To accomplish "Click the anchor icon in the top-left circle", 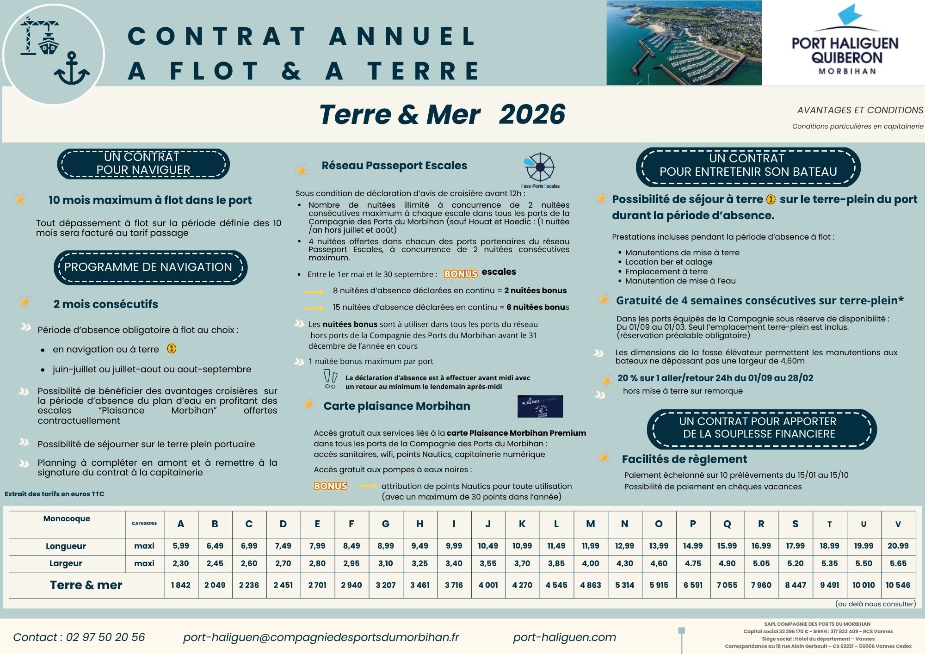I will (x=72, y=69).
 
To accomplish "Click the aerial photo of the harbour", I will (x=684, y=43).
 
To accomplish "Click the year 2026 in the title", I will (x=532, y=114).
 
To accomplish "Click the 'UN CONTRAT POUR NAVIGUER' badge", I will (x=143, y=164).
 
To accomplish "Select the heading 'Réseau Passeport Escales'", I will (x=394, y=166).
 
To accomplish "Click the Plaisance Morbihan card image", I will (x=540, y=406).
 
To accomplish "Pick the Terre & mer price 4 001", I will (x=488, y=585).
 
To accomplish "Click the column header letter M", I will (x=590, y=524).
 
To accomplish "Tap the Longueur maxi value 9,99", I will (x=454, y=546).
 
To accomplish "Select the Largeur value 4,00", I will (x=590, y=563).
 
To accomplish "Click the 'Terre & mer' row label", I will (x=86, y=585).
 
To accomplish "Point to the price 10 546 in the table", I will (x=898, y=585).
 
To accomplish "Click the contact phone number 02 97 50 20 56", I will (x=105, y=637).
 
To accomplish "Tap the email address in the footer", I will (x=321, y=637).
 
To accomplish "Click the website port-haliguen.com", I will (x=564, y=637).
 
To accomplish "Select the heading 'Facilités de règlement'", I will (x=684, y=459).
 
